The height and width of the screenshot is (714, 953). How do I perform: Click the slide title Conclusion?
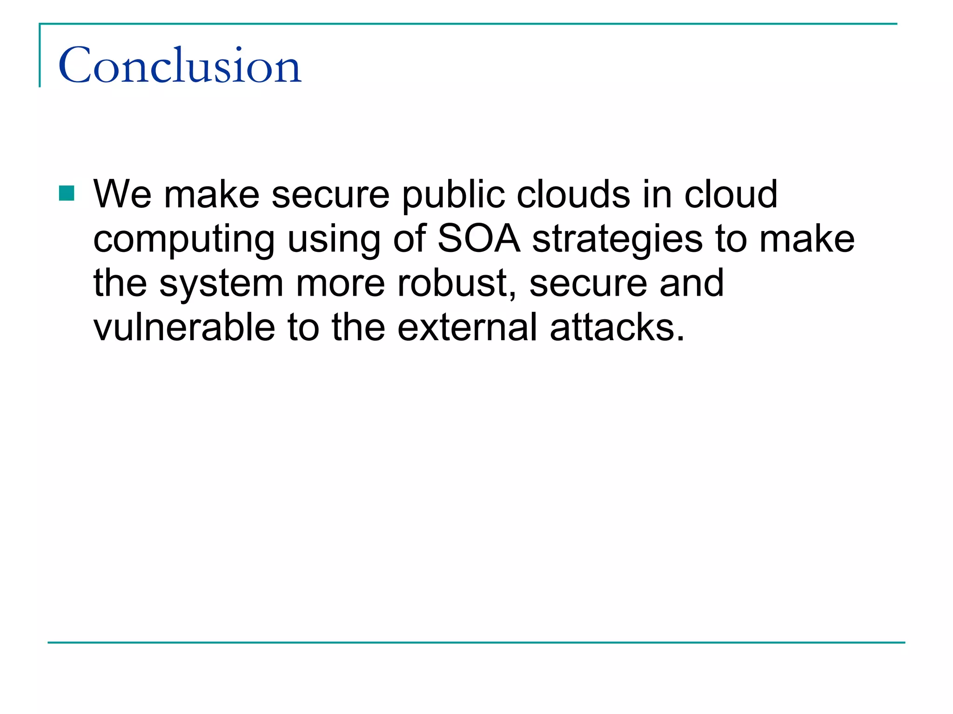pyautogui.click(x=180, y=66)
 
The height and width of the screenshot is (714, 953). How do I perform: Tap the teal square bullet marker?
pyautogui.click(x=67, y=193)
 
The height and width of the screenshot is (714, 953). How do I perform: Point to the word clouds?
pyautogui.click(x=573, y=194)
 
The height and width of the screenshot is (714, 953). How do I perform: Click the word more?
pyautogui.click(x=340, y=284)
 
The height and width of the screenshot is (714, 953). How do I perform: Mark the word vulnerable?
pyautogui.click(x=184, y=327)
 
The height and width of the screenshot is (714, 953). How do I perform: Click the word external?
pyautogui.click(x=468, y=327)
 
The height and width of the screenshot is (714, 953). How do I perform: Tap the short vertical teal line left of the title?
pyautogui.click(x=40, y=56)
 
